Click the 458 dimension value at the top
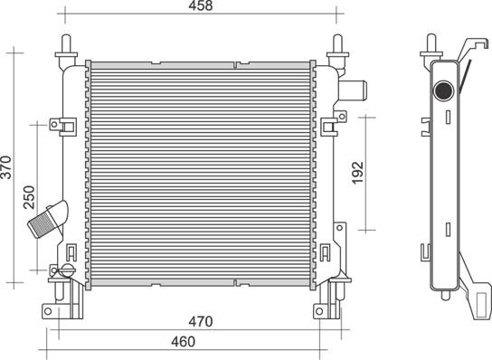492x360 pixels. (x=201, y=5)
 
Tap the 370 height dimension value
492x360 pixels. (x=6, y=167)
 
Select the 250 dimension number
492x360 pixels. (x=29, y=197)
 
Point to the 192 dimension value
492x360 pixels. (x=357, y=173)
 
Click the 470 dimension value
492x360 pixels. (x=201, y=322)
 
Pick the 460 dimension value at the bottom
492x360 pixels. (x=184, y=342)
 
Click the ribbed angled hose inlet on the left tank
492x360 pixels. (x=48, y=219)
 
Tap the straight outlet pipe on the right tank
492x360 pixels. (x=353, y=90)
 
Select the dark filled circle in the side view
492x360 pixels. (x=443, y=90)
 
